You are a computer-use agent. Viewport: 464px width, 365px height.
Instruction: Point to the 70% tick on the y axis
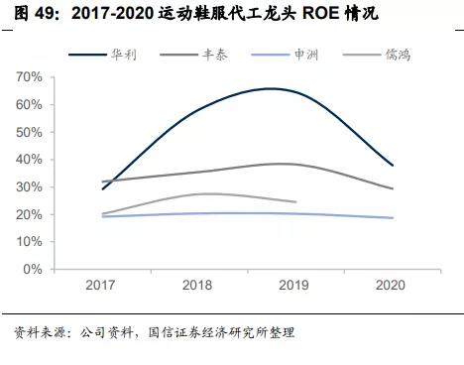point(57,77)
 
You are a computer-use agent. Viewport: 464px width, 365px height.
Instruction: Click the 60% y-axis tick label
point(57,104)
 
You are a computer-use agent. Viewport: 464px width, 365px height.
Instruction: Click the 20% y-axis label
point(57,214)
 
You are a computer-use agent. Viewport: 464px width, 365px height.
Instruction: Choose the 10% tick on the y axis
point(57,242)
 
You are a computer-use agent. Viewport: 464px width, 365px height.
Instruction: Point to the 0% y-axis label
point(59,269)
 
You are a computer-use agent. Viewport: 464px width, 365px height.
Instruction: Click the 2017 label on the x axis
point(103,285)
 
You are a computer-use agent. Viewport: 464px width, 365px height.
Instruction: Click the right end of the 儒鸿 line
point(295,201)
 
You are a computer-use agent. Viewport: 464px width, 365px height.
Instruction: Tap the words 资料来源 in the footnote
point(31,331)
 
